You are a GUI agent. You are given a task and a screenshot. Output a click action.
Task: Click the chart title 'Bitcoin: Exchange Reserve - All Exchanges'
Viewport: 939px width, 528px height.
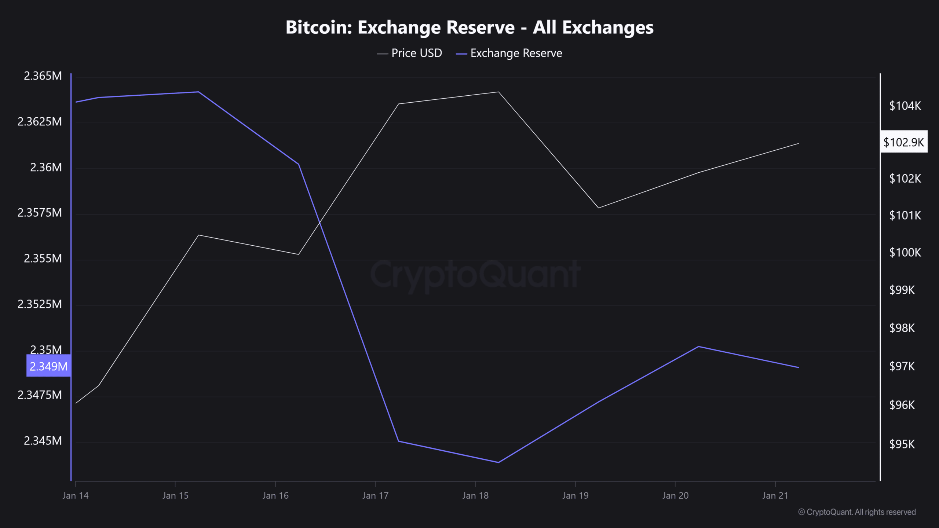(469, 27)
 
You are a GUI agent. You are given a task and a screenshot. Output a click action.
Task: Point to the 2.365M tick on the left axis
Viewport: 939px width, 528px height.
(43, 76)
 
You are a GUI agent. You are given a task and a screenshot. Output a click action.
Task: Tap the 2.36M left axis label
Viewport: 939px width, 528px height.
(46, 168)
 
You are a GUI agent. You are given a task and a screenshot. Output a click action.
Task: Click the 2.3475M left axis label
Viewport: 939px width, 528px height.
(40, 395)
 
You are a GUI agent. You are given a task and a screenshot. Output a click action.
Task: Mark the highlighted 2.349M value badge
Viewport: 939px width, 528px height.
(48, 366)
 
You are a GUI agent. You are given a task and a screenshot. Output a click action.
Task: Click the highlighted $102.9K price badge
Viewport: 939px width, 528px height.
(904, 142)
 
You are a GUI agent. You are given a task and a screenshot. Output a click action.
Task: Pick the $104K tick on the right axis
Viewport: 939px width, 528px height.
(905, 106)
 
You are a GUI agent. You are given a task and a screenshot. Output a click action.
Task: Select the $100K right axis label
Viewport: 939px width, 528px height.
(905, 253)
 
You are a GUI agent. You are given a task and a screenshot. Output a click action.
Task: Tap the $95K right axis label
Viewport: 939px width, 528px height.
(902, 444)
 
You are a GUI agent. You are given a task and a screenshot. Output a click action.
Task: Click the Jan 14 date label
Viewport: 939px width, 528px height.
(76, 496)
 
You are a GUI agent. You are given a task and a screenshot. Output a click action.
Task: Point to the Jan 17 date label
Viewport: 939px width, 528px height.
(375, 496)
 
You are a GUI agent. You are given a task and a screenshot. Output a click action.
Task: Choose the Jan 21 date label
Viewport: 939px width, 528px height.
(775, 496)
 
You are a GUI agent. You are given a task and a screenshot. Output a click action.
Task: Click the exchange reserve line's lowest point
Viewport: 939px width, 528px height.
(498, 462)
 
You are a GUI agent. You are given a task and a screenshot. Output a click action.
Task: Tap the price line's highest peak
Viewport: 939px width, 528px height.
(498, 92)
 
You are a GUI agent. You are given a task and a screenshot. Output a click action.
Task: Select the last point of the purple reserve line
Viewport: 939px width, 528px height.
(799, 367)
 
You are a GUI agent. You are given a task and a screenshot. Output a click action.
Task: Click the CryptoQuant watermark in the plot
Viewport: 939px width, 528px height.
(475, 274)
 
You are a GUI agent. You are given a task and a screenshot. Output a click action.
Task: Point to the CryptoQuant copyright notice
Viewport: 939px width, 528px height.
(857, 512)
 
